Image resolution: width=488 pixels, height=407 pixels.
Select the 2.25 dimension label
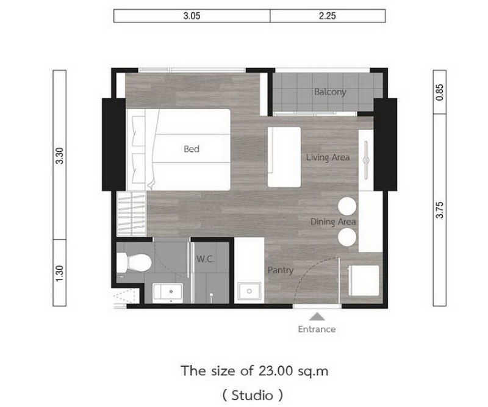[328, 16]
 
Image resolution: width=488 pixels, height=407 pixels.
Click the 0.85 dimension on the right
[439, 93]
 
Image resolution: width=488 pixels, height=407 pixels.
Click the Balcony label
[330, 92]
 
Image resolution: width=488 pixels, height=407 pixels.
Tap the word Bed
[192, 149]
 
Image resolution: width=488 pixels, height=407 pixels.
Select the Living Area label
[328, 157]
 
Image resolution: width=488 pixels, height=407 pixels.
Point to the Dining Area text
[332, 222]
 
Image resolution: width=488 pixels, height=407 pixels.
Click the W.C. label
[204, 259]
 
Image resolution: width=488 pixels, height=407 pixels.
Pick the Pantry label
[280, 270]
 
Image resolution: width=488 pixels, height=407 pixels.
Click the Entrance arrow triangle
[317, 316]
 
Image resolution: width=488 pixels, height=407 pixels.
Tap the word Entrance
[317, 329]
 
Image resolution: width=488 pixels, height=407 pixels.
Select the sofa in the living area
[284, 157]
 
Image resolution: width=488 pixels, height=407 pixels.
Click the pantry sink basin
[248, 292]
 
